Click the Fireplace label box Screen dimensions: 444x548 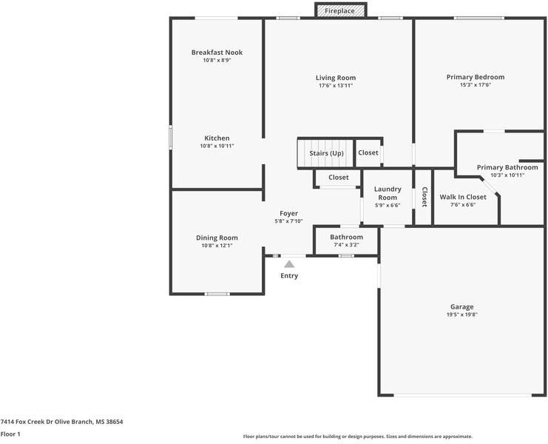340,10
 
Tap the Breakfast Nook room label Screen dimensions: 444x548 217,53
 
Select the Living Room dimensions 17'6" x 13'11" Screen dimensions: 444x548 336,86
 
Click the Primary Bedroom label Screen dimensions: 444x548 476,77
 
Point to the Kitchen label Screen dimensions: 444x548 217,138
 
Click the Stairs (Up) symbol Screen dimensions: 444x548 326,153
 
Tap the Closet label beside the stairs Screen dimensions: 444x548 368,153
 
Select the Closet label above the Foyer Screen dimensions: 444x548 339,178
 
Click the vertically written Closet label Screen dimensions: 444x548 424,197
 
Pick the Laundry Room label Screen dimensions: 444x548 387,193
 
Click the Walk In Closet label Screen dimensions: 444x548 463,197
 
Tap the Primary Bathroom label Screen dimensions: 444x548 507,167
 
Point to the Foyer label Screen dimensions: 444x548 288,213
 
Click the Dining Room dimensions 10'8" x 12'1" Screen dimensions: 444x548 217,246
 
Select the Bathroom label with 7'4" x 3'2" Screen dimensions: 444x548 346,237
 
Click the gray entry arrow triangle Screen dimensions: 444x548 289,263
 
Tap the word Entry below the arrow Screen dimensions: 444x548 289,276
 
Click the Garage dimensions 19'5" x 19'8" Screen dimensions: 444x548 462,314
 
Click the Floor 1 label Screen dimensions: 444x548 10,434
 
